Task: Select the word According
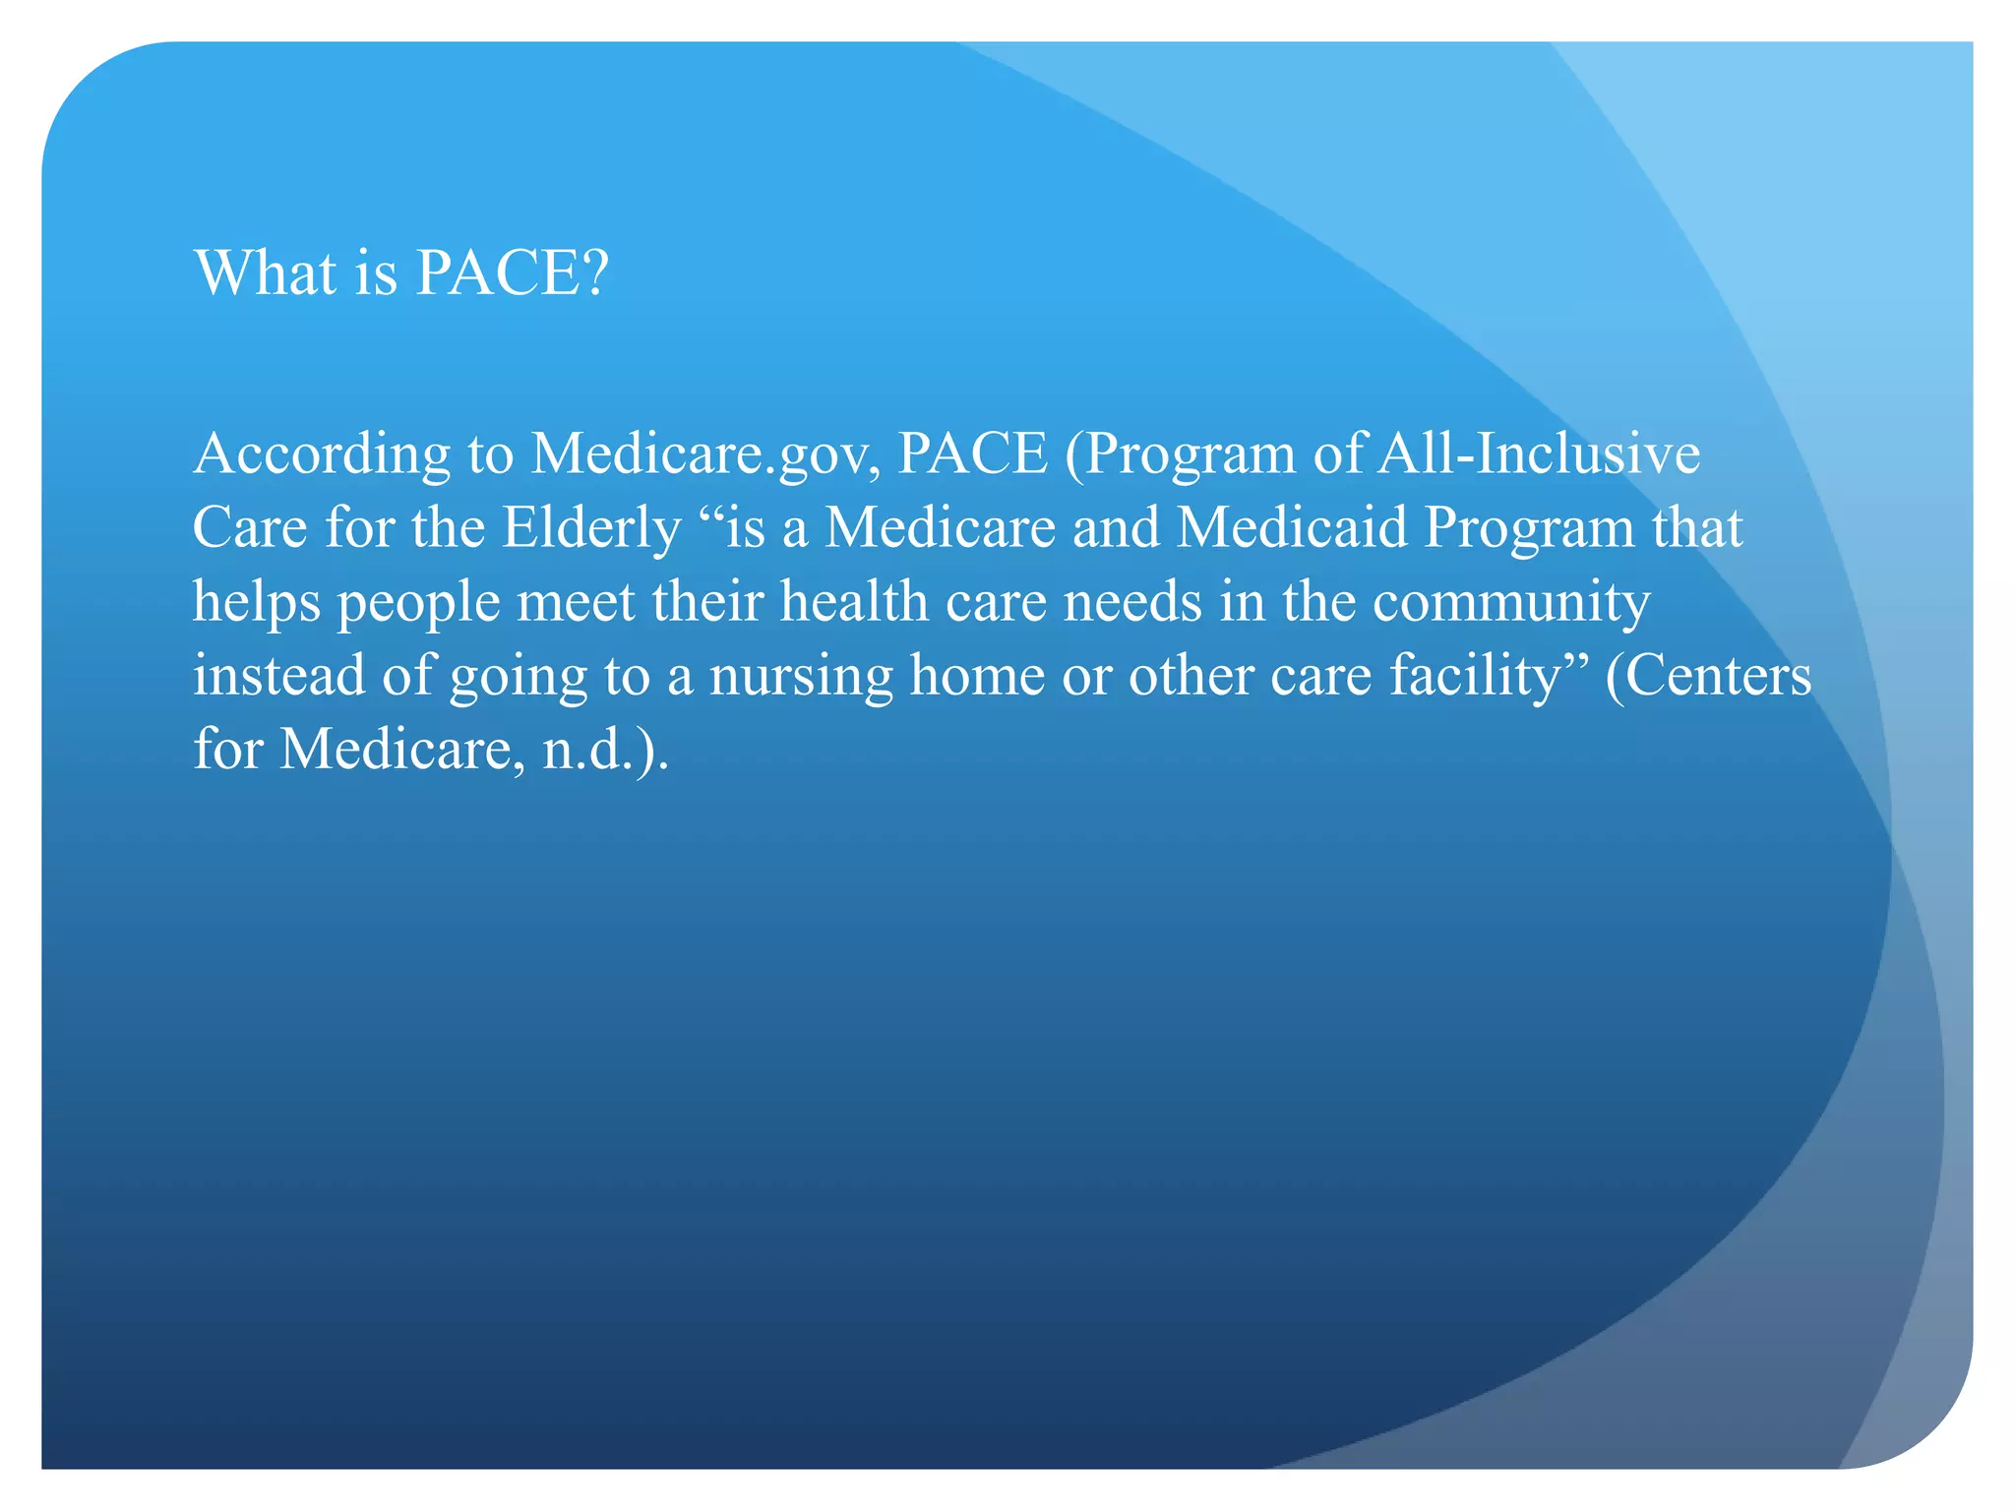coord(322,454)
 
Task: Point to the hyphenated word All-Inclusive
coord(1538,454)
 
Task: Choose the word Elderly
coord(591,528)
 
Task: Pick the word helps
coord(256,602)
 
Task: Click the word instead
coord(278,676)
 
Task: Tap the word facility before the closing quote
coord(1474,676)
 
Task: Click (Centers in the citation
coord(1708,676)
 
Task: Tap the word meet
coord(576,602)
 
